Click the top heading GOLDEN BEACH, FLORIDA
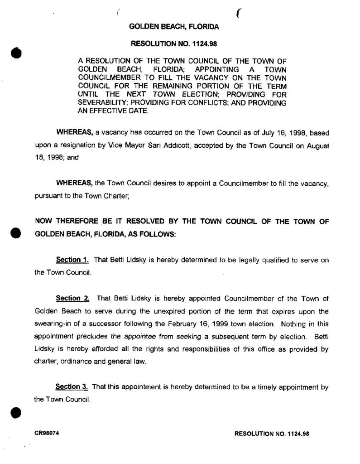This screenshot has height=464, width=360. click(174, 27)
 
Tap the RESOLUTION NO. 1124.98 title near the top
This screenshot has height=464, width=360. click(174, 44)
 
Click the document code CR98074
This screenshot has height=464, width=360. click(47, 432)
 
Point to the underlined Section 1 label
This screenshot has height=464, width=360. click(72, 260)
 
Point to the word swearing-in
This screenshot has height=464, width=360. click(52, 324)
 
